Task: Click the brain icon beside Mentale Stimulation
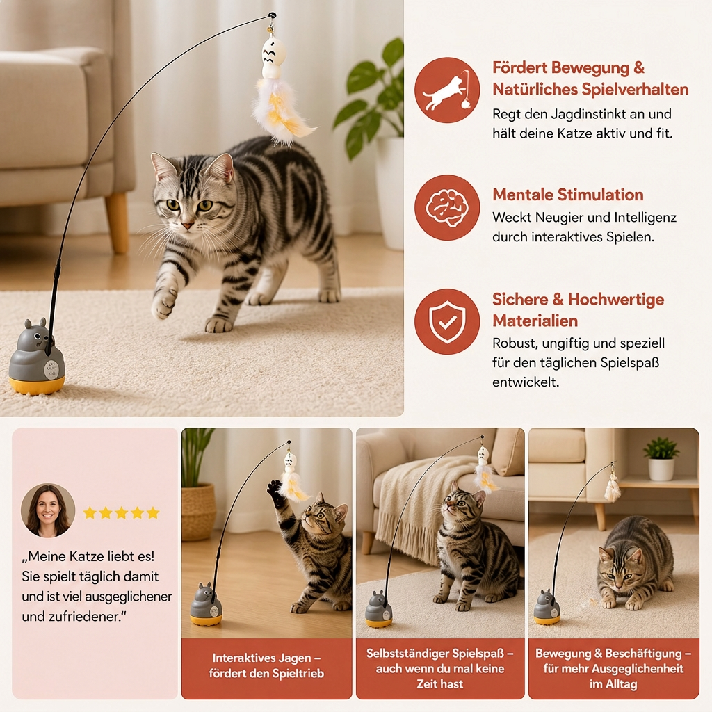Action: point(447,207)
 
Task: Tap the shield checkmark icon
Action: point(447,321)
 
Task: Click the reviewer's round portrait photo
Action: point(48,510)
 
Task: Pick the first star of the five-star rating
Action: point(90,512)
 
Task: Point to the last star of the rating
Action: point(153,512)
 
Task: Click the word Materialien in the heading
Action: point(535,321)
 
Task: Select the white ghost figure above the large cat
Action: point(274,58)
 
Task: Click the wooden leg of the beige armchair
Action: point(117,222)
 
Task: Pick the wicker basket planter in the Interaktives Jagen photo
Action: point(198,512)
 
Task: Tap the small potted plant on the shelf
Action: point(661,459)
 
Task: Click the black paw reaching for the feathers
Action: point(275,489)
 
